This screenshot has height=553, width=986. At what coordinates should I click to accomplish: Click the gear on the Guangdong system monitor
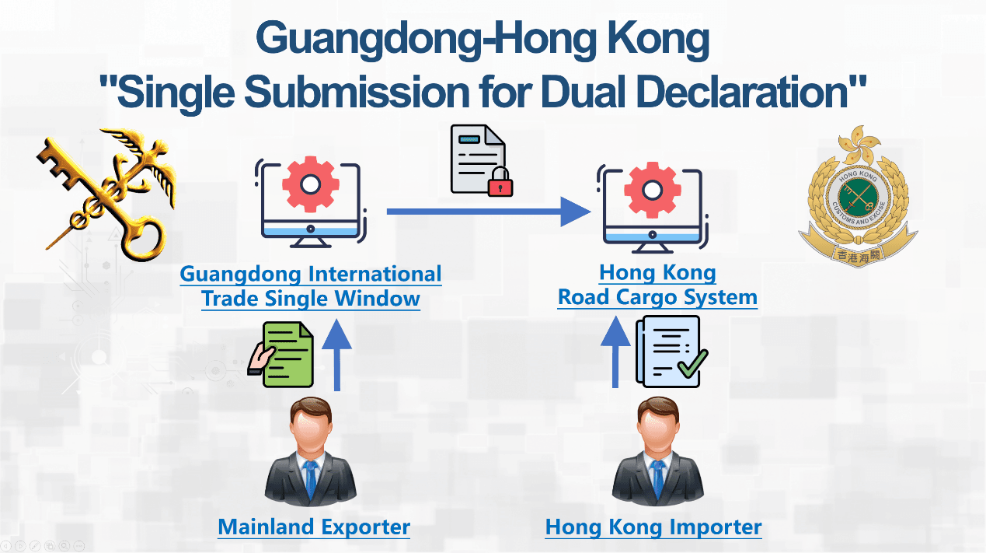[310, 184]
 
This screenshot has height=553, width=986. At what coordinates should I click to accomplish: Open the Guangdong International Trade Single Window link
[311, 286]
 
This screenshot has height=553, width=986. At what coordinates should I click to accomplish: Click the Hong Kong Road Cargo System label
[657, 285]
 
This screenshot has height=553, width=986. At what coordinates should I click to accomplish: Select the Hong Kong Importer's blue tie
[657, 478]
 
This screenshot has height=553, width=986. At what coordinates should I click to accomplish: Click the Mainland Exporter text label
[314, 527]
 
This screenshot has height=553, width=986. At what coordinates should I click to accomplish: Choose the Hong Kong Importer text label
[653, 527]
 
